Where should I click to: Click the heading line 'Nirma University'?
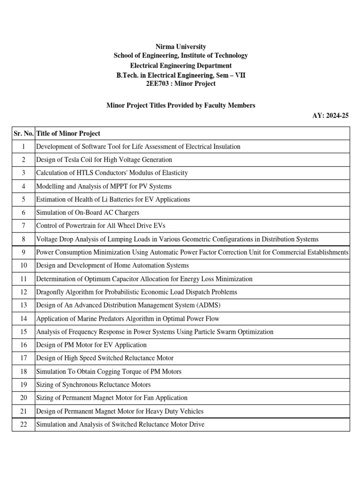[180, 46]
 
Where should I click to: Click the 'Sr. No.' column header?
[23, 134]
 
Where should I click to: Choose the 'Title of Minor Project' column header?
[68, 134]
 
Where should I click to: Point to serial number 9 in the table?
[23, 252]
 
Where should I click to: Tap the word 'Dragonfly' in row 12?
[50, 292]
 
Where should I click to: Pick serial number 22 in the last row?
[23, 424]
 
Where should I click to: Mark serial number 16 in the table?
[23, 345]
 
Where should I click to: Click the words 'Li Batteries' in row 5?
[103, 199]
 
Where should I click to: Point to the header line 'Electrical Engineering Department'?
[180, 65]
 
